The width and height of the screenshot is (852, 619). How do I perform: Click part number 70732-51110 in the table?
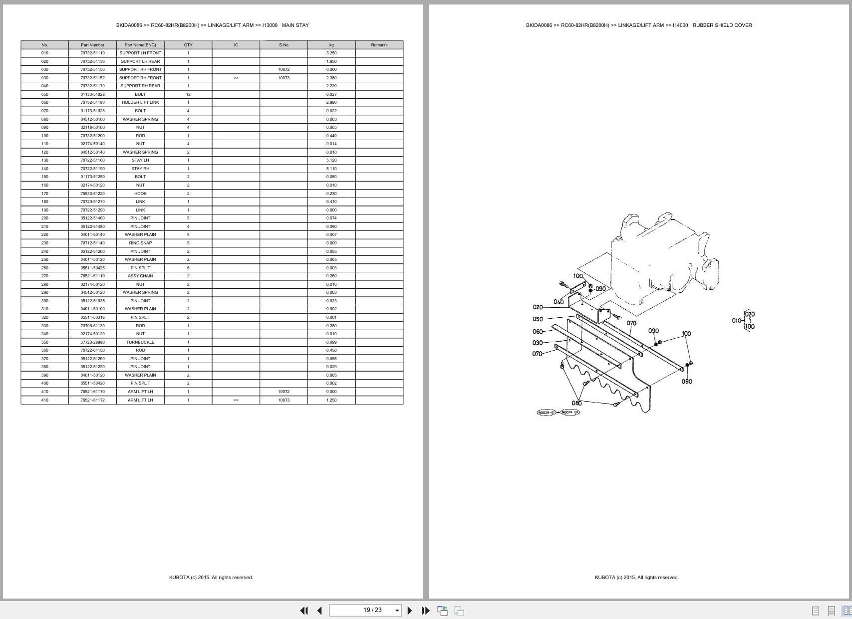[x=92, y=53]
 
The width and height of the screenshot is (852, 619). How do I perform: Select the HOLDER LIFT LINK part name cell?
[x=140, y=102]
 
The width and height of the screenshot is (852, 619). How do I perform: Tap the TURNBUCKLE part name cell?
[x=140, y=342]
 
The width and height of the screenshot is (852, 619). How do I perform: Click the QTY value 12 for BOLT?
[x=188, y=94]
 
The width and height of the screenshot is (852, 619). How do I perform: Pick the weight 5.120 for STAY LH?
[x=331, y=160]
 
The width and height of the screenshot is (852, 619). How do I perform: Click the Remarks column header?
[x=379, y=45]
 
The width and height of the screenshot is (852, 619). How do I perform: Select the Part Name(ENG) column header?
[x=140, y=45]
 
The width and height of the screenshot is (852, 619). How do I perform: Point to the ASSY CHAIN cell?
[x=140, y=276]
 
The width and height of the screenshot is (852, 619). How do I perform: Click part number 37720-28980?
[x=92, y=342]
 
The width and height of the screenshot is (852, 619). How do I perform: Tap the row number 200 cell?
[x=45, y=218]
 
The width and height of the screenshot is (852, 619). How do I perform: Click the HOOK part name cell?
[x=140, y=194]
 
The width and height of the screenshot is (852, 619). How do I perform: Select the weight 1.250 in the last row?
[x=331, y=400]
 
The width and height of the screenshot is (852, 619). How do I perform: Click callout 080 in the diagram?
[x=576, y=403]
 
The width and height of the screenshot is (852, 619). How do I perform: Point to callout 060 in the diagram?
[x=538, y=332]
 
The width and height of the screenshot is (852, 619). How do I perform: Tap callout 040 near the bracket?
[x=559, y=302]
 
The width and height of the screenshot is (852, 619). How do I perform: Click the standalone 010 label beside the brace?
[x=737, y=321]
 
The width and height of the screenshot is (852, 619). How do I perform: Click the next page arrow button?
[x=410, y=610]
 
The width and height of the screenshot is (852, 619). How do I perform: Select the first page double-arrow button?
[x=304, y=610]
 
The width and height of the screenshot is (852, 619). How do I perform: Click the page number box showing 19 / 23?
[x=365, y=610]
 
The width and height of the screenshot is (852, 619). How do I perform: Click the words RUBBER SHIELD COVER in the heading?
[x=722, y=25]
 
